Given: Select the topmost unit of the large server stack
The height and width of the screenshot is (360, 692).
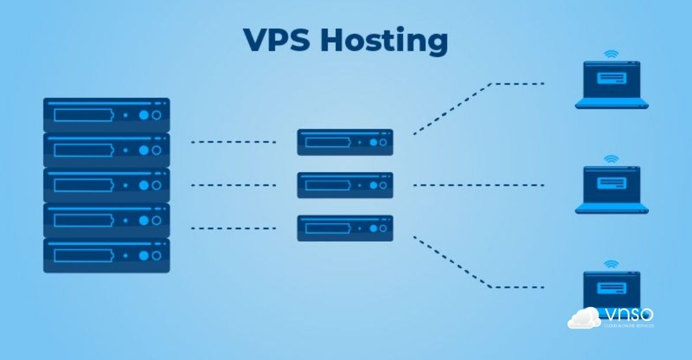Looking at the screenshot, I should [107, 115].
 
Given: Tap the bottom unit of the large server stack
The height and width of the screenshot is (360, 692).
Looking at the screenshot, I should [107, 255].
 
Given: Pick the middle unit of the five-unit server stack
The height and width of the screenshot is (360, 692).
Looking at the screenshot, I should [107, 185].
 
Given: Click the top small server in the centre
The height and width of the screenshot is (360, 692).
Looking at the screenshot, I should [345, 142].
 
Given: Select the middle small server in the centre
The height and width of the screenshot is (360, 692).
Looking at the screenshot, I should [345, 185].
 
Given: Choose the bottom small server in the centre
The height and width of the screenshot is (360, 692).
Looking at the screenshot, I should [345, 228].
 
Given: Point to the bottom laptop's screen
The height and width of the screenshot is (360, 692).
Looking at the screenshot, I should [611, 288].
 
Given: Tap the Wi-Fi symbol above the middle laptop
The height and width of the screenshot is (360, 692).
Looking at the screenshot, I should [611, 159].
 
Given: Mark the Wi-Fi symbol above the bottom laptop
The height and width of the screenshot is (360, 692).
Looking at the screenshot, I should [611, 264].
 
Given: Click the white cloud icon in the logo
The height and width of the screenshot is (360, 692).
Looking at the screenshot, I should [584, 318].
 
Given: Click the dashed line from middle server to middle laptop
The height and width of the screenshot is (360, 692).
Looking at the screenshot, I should [479, 185].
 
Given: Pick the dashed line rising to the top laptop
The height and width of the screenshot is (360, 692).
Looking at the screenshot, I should [453, 109].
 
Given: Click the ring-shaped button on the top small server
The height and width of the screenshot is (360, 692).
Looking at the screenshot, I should [383, 142].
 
